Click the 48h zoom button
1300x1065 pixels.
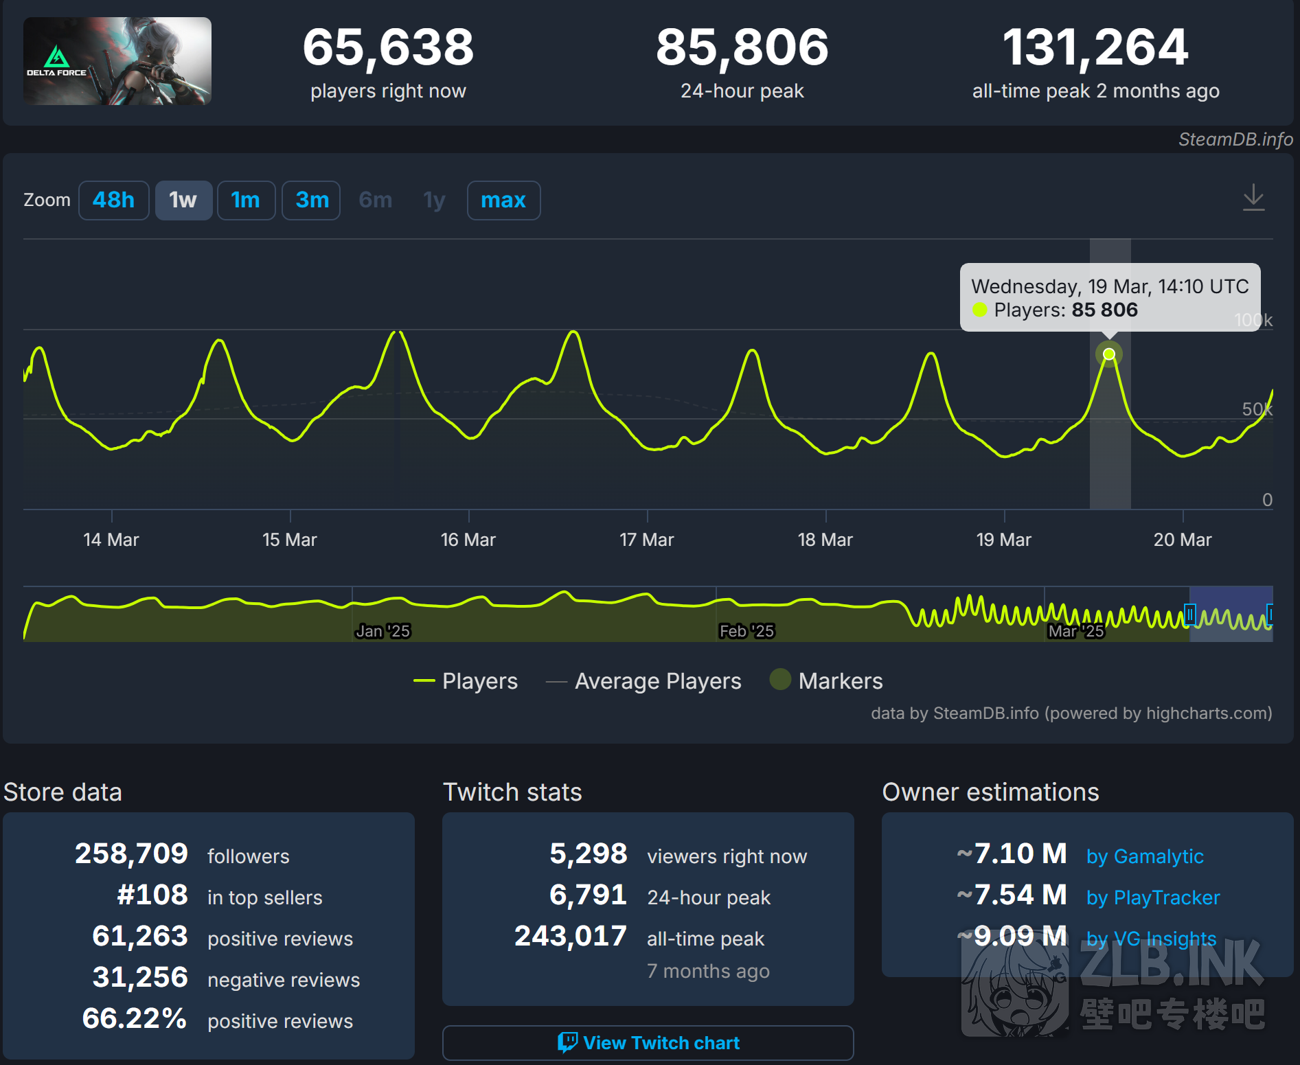coord(113,201)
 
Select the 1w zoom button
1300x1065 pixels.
coord(183,201)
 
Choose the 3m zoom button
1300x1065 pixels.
coord(312,201)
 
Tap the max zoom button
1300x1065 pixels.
coord(503,201)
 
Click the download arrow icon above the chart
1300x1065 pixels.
coord(1253,198)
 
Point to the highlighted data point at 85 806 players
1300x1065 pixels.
coord(1108,354)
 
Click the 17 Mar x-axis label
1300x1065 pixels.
coord(646,540)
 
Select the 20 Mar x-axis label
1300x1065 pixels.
coord(1182,540)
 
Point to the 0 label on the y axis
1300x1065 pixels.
coord(1267,500)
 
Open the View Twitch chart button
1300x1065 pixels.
coord(648,1043)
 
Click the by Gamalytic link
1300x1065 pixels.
coord(1145,856)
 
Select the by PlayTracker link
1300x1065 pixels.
coord(1152,897)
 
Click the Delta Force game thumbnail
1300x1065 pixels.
coord(117,61)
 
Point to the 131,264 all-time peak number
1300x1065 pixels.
coord(1095,47)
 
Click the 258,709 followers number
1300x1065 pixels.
coord(131,854)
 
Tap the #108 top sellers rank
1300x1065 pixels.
coord(152,895)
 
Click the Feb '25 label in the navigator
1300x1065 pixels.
coord(746,631)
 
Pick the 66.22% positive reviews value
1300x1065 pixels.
coord(135,1018)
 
